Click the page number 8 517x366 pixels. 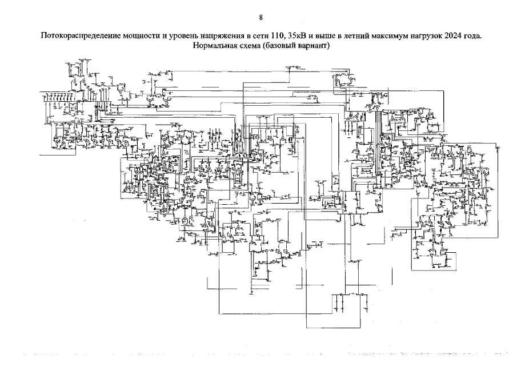click(x=260, y=18)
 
